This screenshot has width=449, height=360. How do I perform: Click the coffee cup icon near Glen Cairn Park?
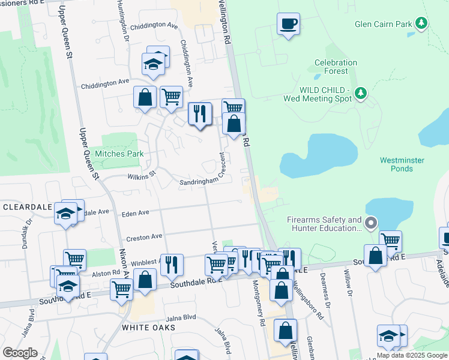click(x=288, y=24)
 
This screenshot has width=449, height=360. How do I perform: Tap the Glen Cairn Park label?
click(x=383, y=24)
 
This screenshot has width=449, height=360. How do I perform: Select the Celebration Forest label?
click(x=336, y=67)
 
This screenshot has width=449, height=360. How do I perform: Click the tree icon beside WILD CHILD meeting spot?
click(x=360, y=93)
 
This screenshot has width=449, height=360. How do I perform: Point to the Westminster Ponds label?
click(x=402, y=164)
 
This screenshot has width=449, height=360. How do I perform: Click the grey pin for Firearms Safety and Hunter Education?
click(x=371, y=224)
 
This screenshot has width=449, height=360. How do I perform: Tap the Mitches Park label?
click(x=119, y=154)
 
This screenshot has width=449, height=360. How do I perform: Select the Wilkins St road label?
click(x=141, y=175)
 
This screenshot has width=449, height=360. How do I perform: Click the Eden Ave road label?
click(x=134, y=213)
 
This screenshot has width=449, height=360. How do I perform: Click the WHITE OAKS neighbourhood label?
click(x=148, y=328)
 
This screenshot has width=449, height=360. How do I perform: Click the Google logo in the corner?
click(x=20, y=353)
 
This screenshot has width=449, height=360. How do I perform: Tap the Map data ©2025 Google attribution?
click(x=412, y=355)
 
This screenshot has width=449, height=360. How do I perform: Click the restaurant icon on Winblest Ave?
click(x=172, y=263)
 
